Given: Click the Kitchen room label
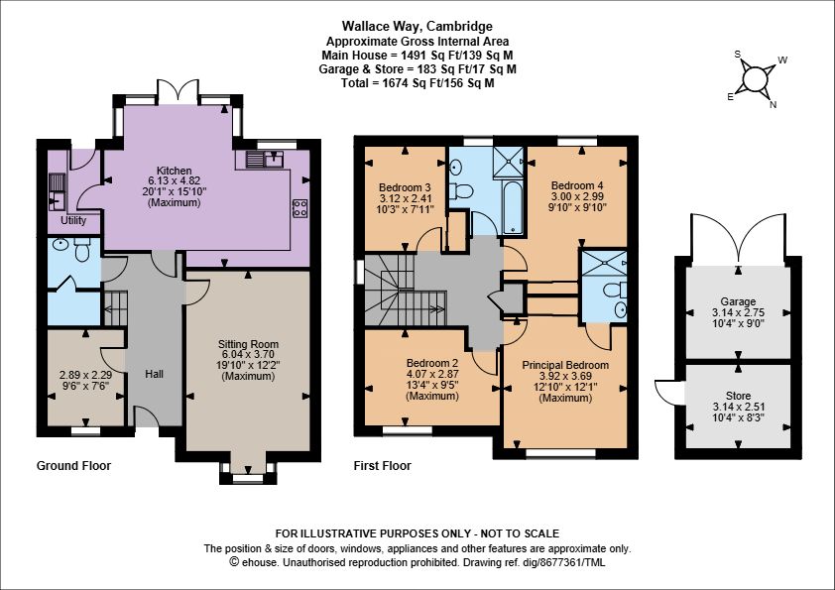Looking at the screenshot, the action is coord(175,171).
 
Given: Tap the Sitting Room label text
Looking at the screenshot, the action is coord(248,344).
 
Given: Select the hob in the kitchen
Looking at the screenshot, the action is coord(299,208).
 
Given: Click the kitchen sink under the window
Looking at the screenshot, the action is coord(265,159).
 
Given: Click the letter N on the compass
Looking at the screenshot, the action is coord(774,105).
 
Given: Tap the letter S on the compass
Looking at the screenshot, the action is coord(738,55).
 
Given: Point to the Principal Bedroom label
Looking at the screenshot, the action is coord(565,365).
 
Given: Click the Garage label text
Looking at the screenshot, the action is coord(738,301).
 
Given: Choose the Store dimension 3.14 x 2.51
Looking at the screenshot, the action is coord(738,407).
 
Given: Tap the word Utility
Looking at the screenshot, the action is coord(73,220).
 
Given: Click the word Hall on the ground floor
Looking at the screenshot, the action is coord(155,375).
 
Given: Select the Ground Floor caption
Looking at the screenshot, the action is coord(73,466).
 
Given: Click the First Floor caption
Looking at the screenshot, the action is coord(383,466).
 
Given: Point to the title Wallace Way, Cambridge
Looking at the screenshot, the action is coord(417,26).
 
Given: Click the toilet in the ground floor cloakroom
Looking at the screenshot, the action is coord(82,249).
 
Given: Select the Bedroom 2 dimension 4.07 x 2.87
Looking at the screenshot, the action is coord(432,375).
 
